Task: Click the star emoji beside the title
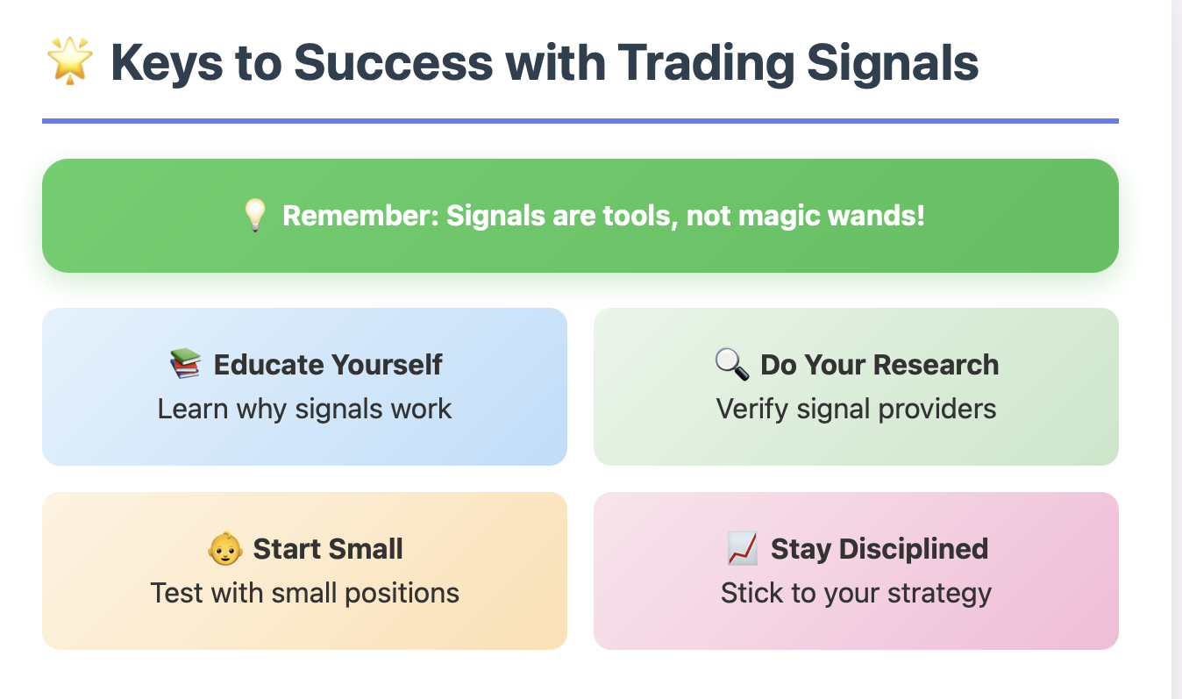(69, 61)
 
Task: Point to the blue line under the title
(580, 121)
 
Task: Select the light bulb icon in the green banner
(255, 215)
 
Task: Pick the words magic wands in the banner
(831, 216)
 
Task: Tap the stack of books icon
(185, 363)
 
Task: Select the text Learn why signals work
(304, 409)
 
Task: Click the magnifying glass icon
(732, 364)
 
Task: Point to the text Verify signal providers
(856, 409)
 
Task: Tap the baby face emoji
(225, 548)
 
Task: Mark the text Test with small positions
(304, 593)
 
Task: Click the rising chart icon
(743, 548)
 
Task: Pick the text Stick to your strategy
(856, 594)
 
